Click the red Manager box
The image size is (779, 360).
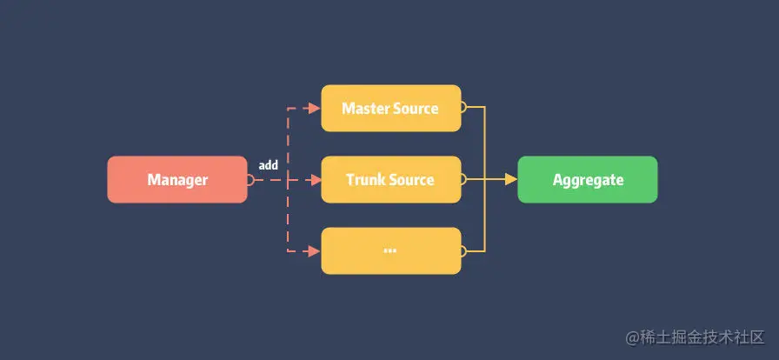point(177,180)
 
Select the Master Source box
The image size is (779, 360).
point(390,109)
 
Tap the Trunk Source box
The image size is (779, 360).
point(390,180)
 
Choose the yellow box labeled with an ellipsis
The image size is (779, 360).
point(390,251)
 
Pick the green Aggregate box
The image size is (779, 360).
point(588,180)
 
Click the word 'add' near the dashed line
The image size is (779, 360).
point(268,164)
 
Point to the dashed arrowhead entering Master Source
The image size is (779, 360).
point(315,109)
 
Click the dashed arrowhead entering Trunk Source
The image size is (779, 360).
point(315,180)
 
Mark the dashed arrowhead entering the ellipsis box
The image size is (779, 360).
point(315,251)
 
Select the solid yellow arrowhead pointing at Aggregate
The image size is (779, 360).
point(511,180)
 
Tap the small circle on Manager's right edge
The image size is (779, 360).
point(250,180)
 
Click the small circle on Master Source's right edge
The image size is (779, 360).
point(463,109)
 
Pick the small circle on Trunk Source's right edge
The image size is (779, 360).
point(463,180)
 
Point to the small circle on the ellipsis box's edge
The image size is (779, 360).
point(463,251)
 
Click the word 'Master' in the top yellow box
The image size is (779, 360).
point(366,109)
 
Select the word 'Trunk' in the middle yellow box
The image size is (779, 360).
point(365,180)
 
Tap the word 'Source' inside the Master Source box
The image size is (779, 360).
point(416,109)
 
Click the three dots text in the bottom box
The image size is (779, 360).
point(389,250)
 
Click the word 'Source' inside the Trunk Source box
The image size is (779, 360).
point(412,180)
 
